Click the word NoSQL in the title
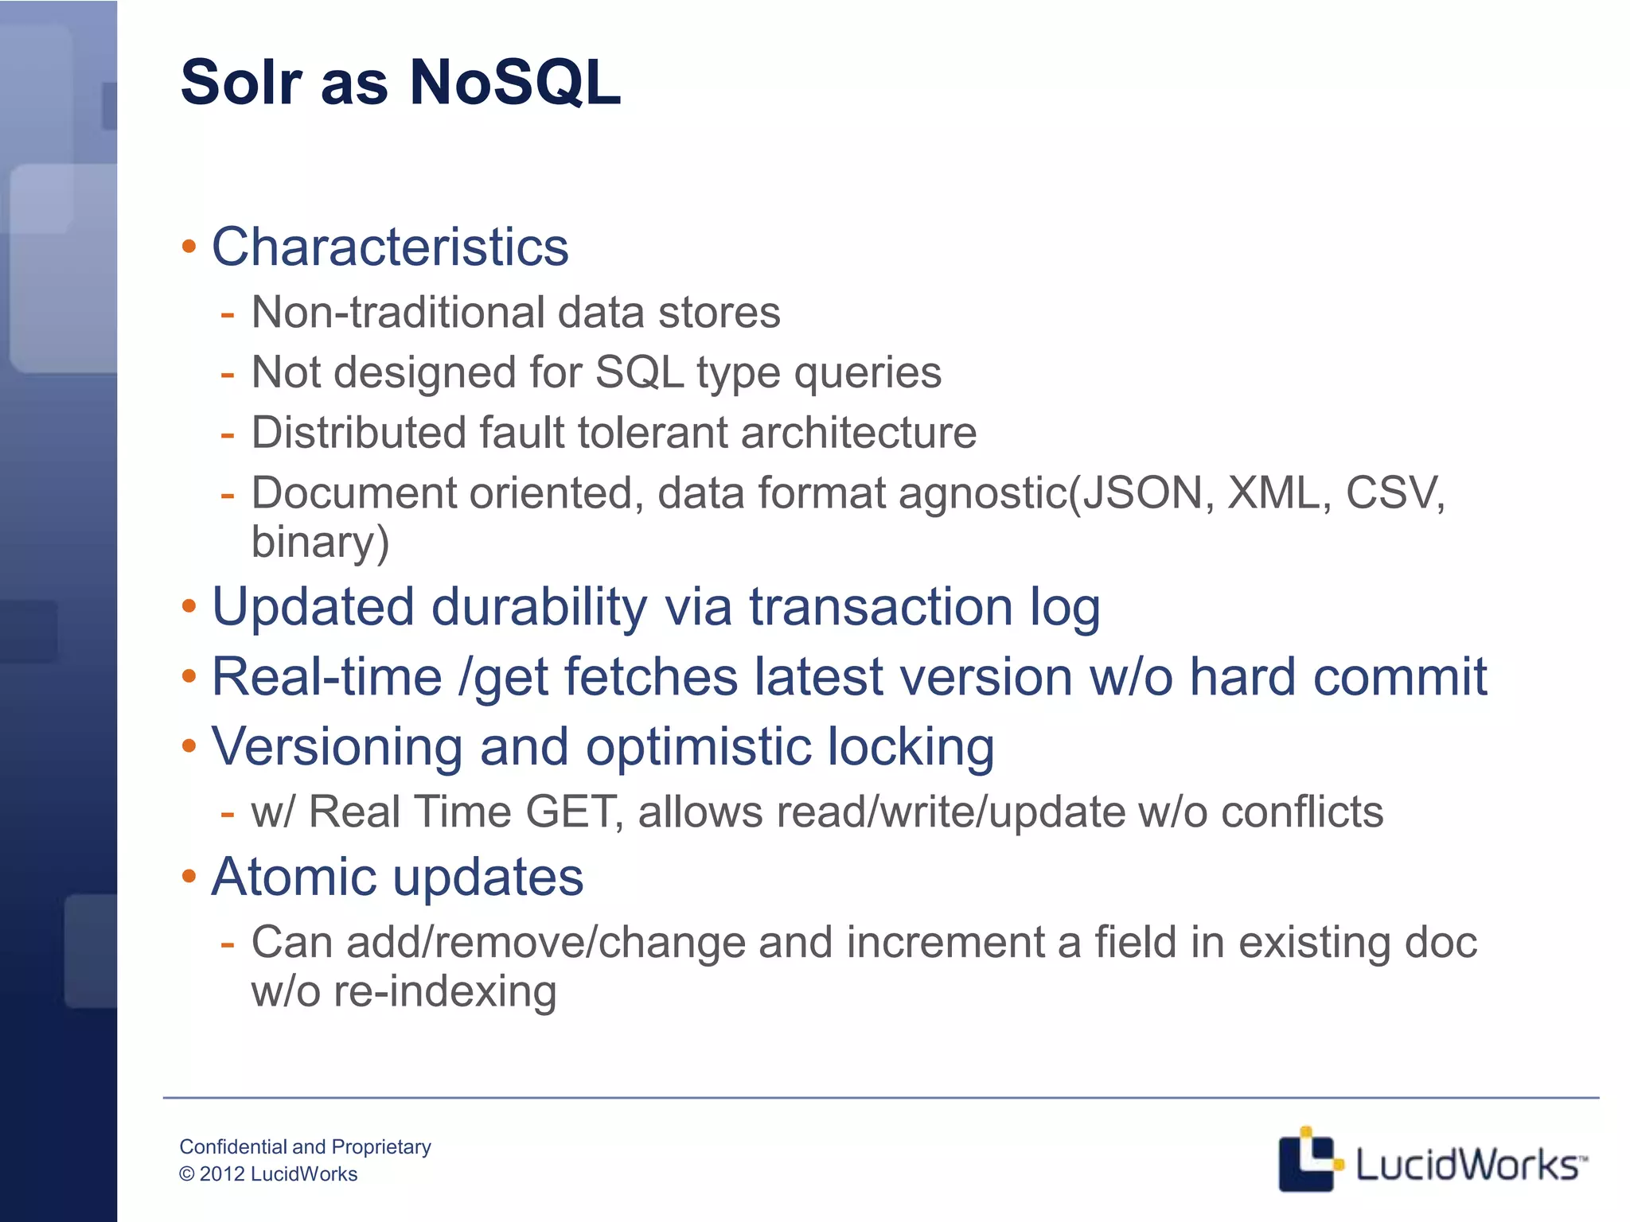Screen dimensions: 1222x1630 coord(514,83)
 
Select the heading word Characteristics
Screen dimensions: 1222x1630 coord(390,247)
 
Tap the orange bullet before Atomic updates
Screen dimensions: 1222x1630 coord(189,877)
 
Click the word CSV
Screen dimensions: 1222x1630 coord(1393,493)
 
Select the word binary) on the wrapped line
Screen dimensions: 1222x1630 coord(320,543)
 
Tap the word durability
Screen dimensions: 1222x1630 coord(540,607)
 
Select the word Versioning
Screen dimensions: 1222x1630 coord(337,747)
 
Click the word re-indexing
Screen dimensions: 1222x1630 coord(445,992)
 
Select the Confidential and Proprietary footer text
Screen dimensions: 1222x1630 coord(305,1146)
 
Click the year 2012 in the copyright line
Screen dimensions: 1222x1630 coord(222,1174)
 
